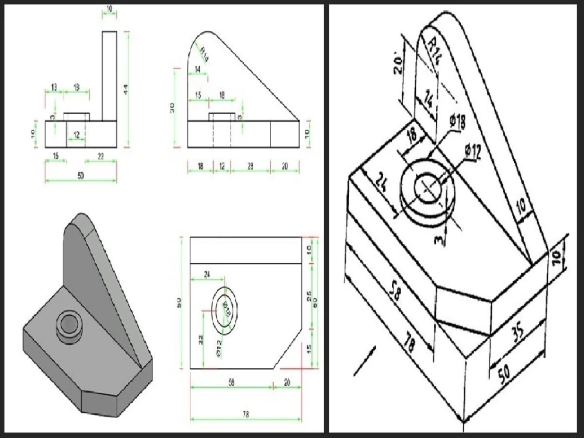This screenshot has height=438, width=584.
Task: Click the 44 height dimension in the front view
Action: coord(124,88)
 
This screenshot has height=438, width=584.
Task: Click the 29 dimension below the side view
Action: coord(250,167)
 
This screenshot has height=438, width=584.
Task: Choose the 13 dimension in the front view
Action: coord(54,88)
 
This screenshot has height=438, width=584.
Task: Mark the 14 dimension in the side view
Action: coord(199,69)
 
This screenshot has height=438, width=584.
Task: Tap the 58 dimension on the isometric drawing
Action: coord(394,291)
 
